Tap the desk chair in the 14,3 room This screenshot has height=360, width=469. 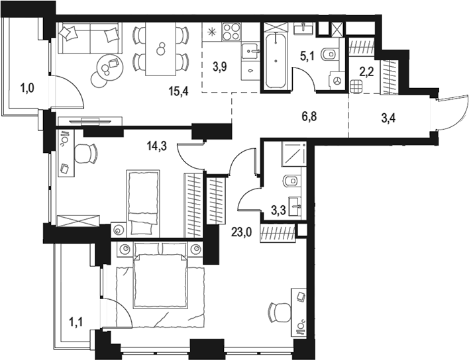(85, 154)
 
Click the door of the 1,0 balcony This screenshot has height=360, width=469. (68, 93)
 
